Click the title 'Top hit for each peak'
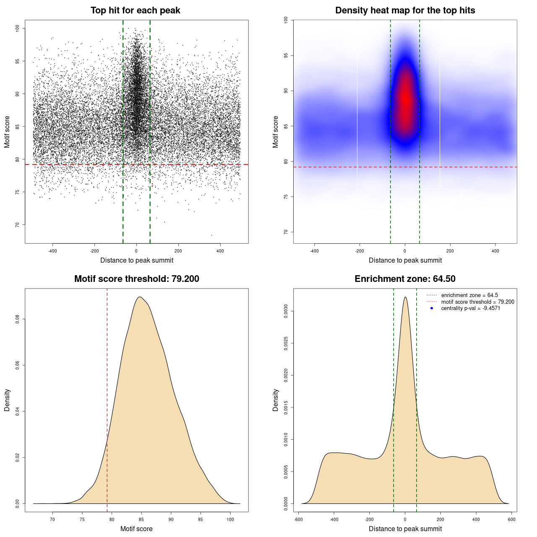[x=136, y=10]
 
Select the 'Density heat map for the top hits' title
[x=405, y=10]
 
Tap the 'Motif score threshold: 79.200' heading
[x=136, y=279]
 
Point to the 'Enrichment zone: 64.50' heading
[x=405, y=279]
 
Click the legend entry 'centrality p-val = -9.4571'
[x=470, y=308]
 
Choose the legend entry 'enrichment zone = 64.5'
[x=469, y=295]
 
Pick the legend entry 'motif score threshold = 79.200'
[x=477, y=302]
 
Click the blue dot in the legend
[x=432, y=308]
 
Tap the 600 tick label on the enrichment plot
[x=511, y=519]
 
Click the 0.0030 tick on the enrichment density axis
[x=286, y=311]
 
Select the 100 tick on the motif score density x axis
[x=230, y=519]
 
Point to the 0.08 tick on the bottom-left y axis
[x=18, y=319]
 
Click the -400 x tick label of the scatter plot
[x=52, y=251]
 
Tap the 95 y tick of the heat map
[x=286, y=55]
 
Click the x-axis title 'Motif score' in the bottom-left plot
[x=136, y=529]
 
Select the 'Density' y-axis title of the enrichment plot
[x=276, y=400]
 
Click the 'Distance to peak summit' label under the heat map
[x=405, y=260]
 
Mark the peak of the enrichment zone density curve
[x=405, y=297]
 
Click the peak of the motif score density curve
[x=140, y=297]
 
